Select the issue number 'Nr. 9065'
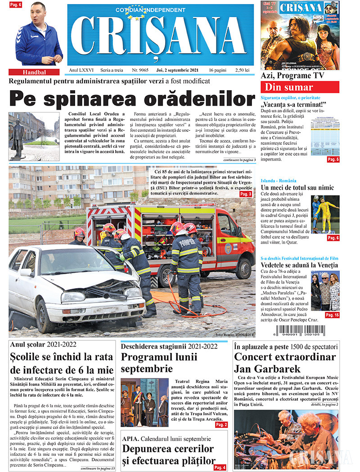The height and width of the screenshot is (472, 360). [140, 71]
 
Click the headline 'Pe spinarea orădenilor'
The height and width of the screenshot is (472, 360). [132, 98]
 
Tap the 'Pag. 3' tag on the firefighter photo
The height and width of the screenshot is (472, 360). [246, 194]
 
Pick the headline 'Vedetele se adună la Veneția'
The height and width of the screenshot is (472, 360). [299, 266]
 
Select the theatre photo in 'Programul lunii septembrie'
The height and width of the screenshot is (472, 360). [144, 402]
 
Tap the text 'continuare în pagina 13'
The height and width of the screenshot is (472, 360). [98, 468]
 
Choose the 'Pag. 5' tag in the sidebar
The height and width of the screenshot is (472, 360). [333, 160]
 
